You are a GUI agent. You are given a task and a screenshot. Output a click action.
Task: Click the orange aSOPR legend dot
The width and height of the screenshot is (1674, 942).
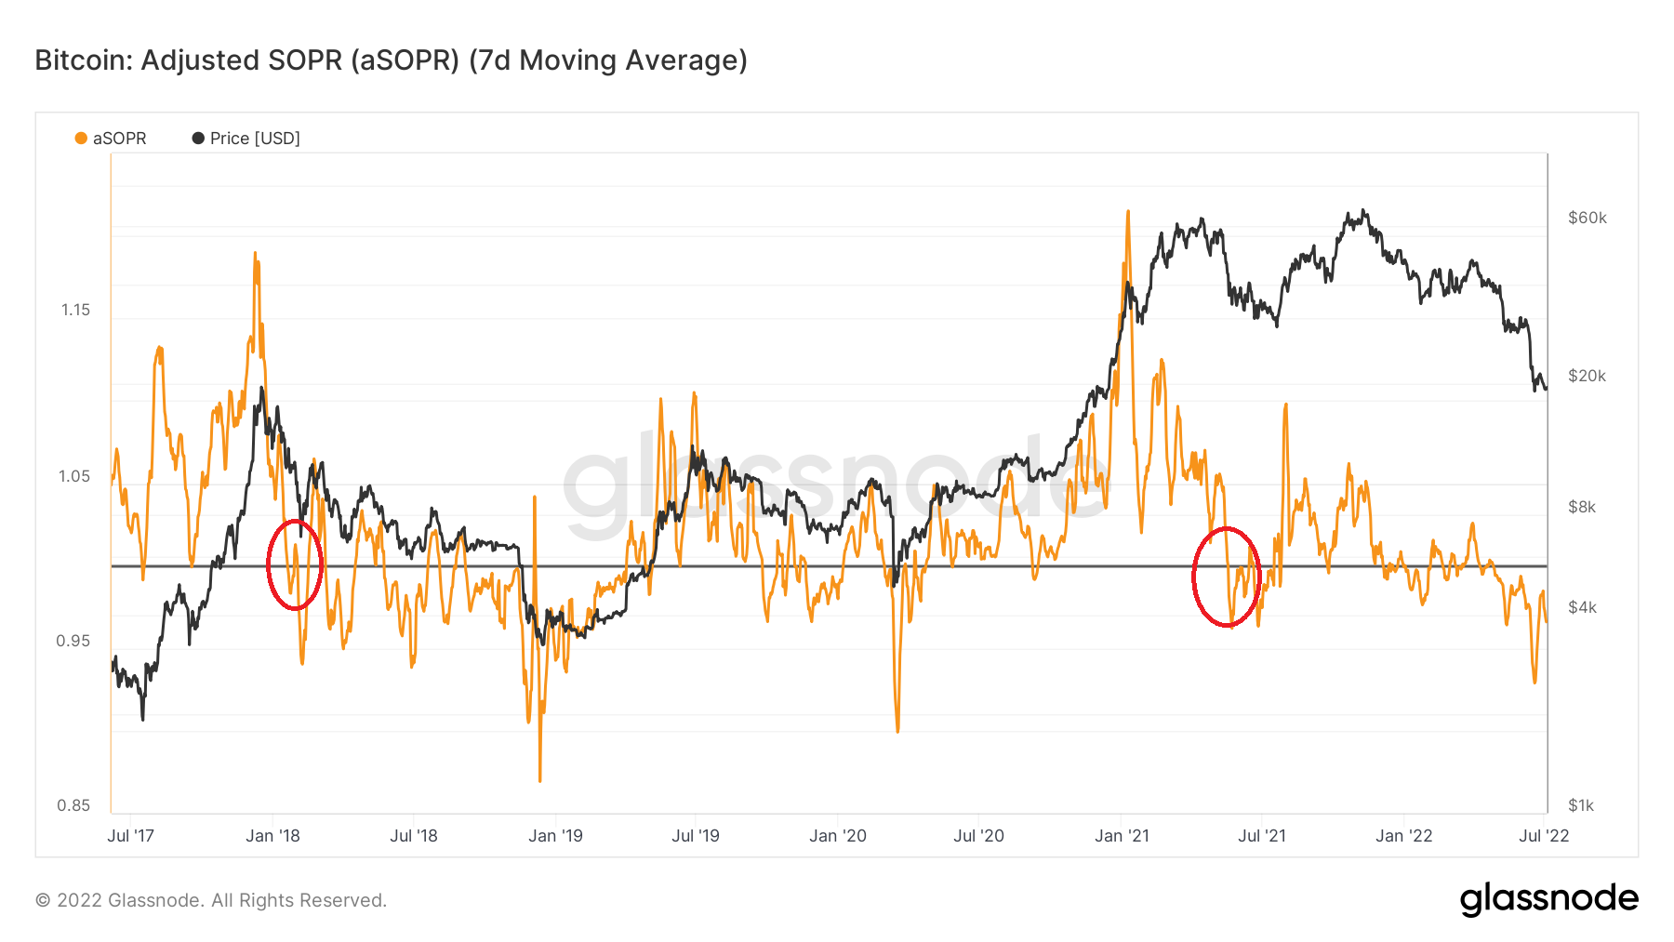click(81, 139)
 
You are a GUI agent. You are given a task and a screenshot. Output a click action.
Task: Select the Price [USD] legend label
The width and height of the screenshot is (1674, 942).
click(255, 139)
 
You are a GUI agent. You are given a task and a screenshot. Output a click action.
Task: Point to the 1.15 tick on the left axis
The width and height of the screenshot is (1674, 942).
click(75, 310)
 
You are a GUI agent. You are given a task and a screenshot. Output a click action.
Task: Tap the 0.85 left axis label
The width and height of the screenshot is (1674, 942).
click(73, 805)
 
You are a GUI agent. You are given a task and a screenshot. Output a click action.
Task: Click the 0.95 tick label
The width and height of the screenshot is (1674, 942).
click(73, 641)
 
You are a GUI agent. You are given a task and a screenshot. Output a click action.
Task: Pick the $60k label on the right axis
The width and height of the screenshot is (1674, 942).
click(1587, 218)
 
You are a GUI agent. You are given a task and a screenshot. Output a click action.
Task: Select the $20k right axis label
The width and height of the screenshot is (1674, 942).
click(1587, 376)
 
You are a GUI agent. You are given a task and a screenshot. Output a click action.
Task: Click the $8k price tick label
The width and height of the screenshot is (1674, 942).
click(1581, 507)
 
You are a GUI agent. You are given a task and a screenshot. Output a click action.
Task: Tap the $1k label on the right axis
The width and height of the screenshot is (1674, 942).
click(1581, 805)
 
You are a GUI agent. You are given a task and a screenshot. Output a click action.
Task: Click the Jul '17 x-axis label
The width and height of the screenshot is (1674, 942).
click(130, 836)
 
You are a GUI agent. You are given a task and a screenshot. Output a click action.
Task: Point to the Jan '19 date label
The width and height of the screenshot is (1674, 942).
click(555, 836)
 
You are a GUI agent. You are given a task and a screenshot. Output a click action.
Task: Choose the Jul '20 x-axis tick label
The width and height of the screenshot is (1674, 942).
click(978, 836)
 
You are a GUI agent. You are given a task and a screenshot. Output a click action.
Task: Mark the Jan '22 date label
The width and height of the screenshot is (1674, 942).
click(1403, 836)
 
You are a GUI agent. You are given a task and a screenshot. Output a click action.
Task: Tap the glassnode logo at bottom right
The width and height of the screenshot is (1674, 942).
click(1548, 899)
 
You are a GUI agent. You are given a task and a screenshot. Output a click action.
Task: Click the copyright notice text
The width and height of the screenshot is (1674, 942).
click(210, 900)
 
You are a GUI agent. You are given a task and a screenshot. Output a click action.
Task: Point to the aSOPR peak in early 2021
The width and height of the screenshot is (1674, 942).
click(1127, 212)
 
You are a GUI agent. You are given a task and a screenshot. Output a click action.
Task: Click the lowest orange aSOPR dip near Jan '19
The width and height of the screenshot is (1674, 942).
click(539, 779)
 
